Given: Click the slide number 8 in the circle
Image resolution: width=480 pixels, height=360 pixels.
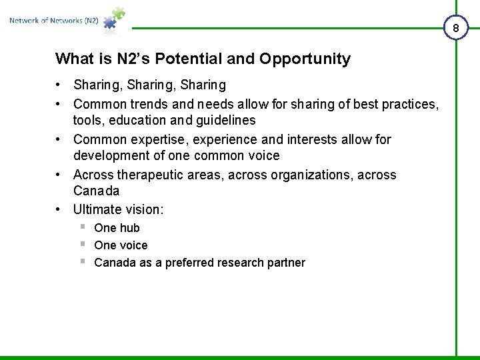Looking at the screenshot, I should pos(456,29).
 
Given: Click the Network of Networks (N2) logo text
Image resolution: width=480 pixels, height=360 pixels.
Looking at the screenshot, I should pos(54,21).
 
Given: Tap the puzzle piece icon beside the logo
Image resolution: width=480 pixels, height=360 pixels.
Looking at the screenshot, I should pos(113,20).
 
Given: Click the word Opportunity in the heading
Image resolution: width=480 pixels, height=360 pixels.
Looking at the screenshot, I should pos(305,59).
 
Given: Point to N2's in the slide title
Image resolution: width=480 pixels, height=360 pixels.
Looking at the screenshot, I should pos(135,59).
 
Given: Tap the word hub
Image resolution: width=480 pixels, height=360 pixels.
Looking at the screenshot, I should pos(129,228).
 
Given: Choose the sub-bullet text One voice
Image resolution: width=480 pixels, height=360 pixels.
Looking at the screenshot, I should pos(121,245).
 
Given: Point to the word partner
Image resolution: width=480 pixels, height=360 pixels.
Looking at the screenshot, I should pos(287,263).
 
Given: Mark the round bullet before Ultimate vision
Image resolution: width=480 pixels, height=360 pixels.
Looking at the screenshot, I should pos(59,209).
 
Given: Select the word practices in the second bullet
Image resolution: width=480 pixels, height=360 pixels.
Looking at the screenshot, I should pos(411,104).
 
